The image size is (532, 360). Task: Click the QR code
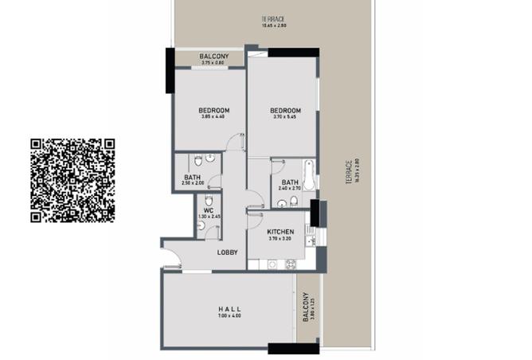[72, 180]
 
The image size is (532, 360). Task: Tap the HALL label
[229, 309]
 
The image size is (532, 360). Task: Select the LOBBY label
[229, 252]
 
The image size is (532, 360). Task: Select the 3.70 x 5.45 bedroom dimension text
[284, 118]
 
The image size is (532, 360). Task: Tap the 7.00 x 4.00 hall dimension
[229, 316]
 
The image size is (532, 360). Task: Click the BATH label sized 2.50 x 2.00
[192, 178]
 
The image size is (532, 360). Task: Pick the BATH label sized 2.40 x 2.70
[289, 182]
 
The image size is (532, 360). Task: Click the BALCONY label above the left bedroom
[214, 57]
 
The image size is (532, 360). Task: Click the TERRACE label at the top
[272, 19]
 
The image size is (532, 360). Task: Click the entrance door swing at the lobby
[170, 258]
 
